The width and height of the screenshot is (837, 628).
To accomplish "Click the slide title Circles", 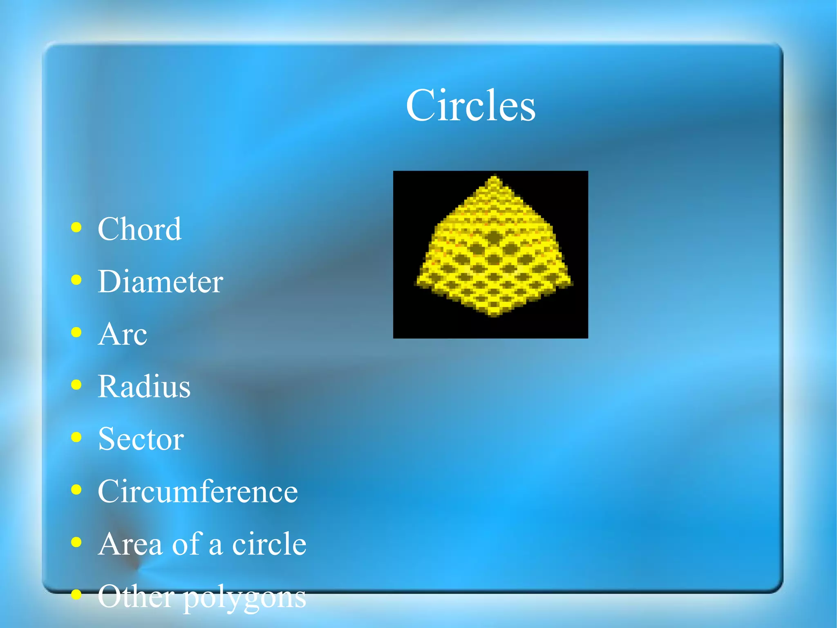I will pos(470,106).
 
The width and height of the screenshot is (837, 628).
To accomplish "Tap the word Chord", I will pos(139,229).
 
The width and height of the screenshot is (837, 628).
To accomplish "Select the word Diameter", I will pos(160,281).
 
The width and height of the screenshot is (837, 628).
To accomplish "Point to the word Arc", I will pos(122,334).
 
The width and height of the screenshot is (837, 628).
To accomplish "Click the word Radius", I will pos(144,387).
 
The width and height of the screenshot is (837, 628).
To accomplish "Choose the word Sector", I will pos(141,439).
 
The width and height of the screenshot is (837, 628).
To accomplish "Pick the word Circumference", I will pos(197,491).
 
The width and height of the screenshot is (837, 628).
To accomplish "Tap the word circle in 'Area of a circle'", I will pos(269,544).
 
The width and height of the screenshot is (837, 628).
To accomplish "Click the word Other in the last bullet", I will pos(136,596).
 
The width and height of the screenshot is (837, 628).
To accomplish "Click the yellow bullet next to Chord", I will pos(76,227).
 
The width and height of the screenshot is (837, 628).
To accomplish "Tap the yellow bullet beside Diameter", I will pos(76,280).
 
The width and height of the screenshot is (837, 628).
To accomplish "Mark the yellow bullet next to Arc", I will pos(76,332).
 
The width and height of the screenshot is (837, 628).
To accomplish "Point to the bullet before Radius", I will pos(76,385).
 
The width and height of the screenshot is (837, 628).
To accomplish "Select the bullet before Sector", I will pos(76,437).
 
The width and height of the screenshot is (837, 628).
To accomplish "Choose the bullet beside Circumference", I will pos(76,490).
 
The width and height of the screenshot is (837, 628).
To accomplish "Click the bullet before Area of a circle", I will pos(76,542).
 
